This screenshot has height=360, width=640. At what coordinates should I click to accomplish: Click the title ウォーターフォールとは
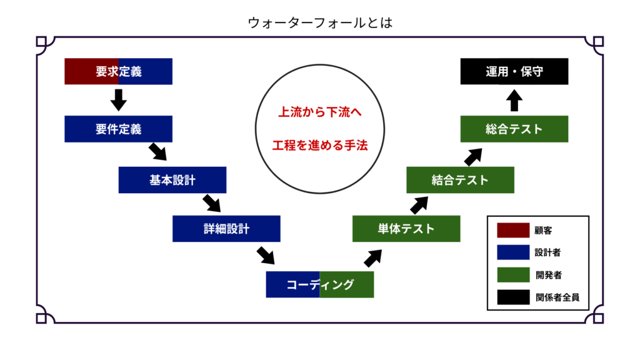(x=319, y=22)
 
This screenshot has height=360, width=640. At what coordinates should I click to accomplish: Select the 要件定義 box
(x=118, y=129)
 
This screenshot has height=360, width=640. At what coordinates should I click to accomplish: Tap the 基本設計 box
(x=172, y=180)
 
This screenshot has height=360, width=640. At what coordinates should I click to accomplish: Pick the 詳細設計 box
(x=226, y=229)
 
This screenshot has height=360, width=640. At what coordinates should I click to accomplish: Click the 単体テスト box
(x=406, y=229)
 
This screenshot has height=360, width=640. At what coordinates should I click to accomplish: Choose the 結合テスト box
(x=460, y=180)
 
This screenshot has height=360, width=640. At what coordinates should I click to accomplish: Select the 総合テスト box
(x=514, y=129)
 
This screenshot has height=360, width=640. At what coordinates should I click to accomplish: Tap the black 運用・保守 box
(x=514, y=71)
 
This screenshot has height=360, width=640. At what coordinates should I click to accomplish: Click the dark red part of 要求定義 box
(x=91, y=71)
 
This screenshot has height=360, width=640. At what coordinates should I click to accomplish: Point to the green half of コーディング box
(x=347, y=284)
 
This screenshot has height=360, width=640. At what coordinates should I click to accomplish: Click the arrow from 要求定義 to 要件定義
(x=118, y=99)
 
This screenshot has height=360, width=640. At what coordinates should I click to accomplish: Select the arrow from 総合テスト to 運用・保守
(x=514, y=100)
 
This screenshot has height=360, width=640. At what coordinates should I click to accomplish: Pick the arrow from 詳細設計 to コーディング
(x=266, y=255)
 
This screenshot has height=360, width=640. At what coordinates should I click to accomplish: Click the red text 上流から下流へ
(x=319, y=113)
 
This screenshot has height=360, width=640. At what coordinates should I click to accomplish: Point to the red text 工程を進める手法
(x=319, y=146)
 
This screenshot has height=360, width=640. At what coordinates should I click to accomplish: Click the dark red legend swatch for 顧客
(x=513, y=230)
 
